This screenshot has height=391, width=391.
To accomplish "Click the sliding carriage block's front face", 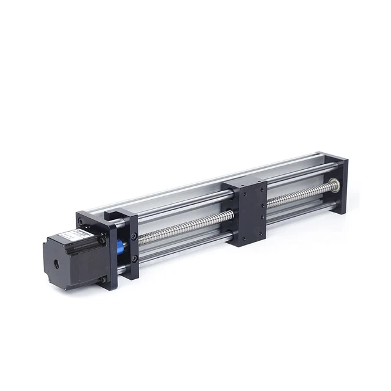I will pyautogui.click(x=251, y=217).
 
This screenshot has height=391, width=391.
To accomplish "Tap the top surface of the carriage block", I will pyautogui.click(x=244, y=185).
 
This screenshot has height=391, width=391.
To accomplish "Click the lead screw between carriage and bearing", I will pyautogui.click(x=299, y=196).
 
